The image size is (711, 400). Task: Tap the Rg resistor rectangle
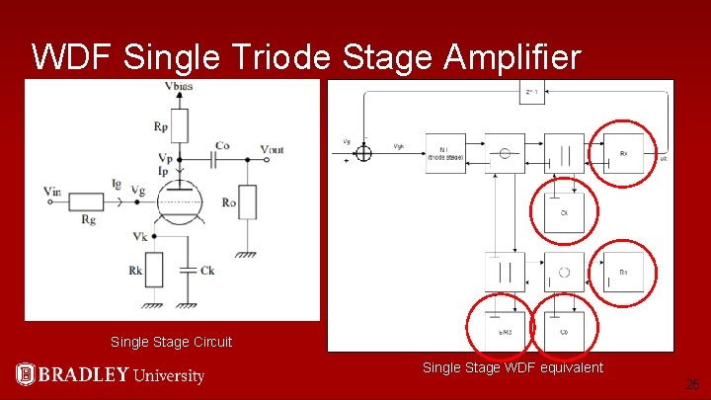pyautogui.click(x=88, y=201)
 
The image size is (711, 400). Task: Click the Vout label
pyautogui.click(x=273, y=149)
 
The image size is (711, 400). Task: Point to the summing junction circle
pyautogui.click(x=364, y=152)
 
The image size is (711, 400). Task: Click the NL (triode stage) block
pyautogui.click(x=444, y=153)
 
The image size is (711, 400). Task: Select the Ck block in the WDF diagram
pyautogui.click(x=564, y=211)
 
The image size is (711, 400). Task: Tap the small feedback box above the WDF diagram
pyautogui.click(x=531, y=92)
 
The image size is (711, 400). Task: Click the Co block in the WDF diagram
pyautogui.click(x=564, y=331)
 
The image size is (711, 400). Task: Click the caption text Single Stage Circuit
pyautogui.click(x=172, y=342)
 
